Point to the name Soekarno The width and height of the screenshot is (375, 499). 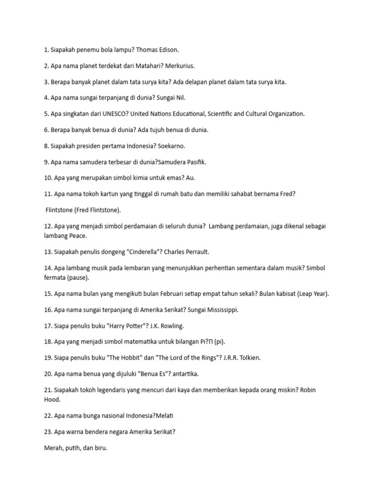pyautogui.click(x=171, y=146)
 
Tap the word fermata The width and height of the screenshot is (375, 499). pyautogui.click(x=55, y=277)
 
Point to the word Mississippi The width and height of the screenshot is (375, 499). pyautogui.click(x=219, y=309)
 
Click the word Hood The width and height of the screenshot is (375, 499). pyautogui.click(x=52, y=399)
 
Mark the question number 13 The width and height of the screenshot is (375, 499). pyautogui.click(x=47, y=252)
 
